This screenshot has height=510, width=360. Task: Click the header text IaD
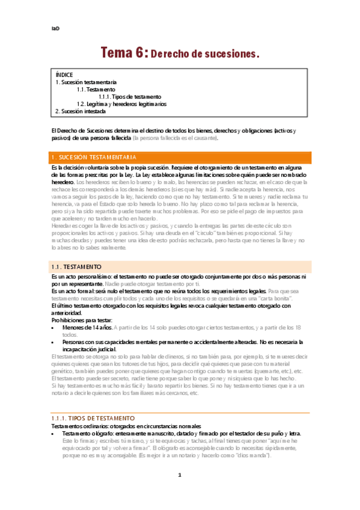55,28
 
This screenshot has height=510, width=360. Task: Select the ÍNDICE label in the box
64,75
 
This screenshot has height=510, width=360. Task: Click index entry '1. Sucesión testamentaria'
86,82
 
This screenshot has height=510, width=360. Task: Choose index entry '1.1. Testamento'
96,89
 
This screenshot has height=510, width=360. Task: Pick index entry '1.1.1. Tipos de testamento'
130,96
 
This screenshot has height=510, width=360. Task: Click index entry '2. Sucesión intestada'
81,111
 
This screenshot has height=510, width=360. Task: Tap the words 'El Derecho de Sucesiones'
82,131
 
